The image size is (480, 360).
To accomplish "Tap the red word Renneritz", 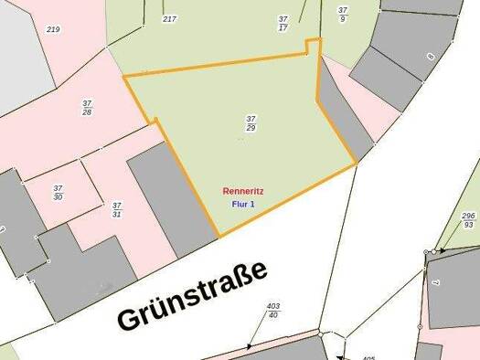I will pos(242,192).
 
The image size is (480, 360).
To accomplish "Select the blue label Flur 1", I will pos(242,205).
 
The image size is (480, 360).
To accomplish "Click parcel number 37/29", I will pos(251,122).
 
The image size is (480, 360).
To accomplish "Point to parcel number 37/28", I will pos(87,107).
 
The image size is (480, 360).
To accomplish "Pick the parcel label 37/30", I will pos(59,192).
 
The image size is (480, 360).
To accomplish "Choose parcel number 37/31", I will pos(116,210).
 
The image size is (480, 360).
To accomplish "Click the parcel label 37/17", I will pos(283,22).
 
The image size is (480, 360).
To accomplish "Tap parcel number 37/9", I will pos(343,14).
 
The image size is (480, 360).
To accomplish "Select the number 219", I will pos(53,29).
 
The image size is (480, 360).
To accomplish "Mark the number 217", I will pos(169,18).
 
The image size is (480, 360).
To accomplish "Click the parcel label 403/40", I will pos(272,310).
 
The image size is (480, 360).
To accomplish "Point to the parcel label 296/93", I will pos(468,219).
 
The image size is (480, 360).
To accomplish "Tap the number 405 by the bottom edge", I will pos(368,357).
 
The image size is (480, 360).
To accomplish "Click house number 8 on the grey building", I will pos(430,56).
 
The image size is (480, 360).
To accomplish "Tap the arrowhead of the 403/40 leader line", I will pos(249,347).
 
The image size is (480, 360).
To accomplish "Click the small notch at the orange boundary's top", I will pos(314,46).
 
